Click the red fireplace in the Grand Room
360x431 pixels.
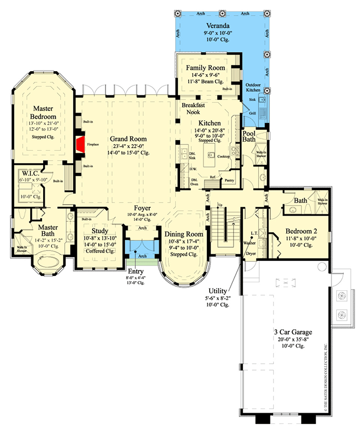point(80,144)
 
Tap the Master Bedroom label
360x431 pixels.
point(43,113)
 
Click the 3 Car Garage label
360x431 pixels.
point(293,331)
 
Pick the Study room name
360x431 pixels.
point(100,231)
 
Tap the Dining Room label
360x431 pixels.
point(184,234)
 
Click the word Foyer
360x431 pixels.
point(142,207)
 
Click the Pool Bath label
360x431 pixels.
point(249,137)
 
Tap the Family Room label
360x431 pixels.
point(205,67)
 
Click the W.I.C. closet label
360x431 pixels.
point(25,173)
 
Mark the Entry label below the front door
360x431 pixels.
point(136,271)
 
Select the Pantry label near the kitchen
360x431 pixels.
point(230,181)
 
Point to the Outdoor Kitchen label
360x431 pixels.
point(254,88)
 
